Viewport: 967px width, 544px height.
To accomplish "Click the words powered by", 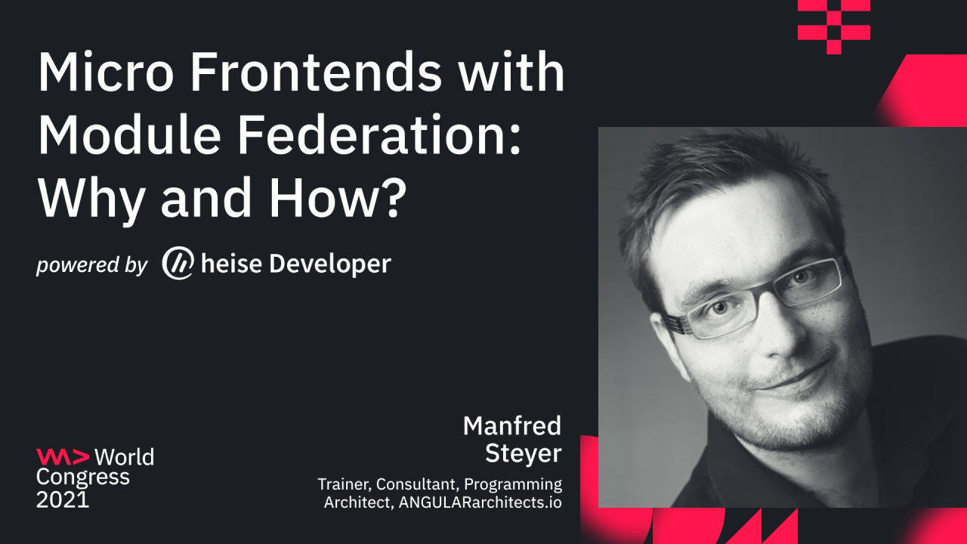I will pyautogui.click(x=92, y=265).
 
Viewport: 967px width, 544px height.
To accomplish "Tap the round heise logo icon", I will pyautogui.click(x=178, y=263).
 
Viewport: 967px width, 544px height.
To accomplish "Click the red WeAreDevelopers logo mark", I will pyautogui.click(x=63, y=456).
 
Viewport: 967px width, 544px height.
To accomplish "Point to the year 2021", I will pyautogui.click(x=63, y=499).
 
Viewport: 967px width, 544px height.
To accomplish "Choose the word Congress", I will pyautogui.click(x=83, y=478).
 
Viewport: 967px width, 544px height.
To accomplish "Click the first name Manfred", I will pyautogui.click(x=512, y=426).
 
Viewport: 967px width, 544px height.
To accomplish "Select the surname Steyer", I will pyautogui.click(x=524, y=453).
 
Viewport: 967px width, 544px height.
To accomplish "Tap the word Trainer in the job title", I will pyautogui.click(x=343, y=484).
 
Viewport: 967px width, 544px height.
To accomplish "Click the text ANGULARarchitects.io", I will pyautogui.click(x=477, y=502).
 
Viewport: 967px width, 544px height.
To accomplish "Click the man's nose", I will pyautogui.click(x=755, y=332).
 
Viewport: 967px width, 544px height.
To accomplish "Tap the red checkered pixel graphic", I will pyautogui.click(x=834, y=26).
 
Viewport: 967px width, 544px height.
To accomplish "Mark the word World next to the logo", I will pyautogui.click(x=125, y=457).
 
